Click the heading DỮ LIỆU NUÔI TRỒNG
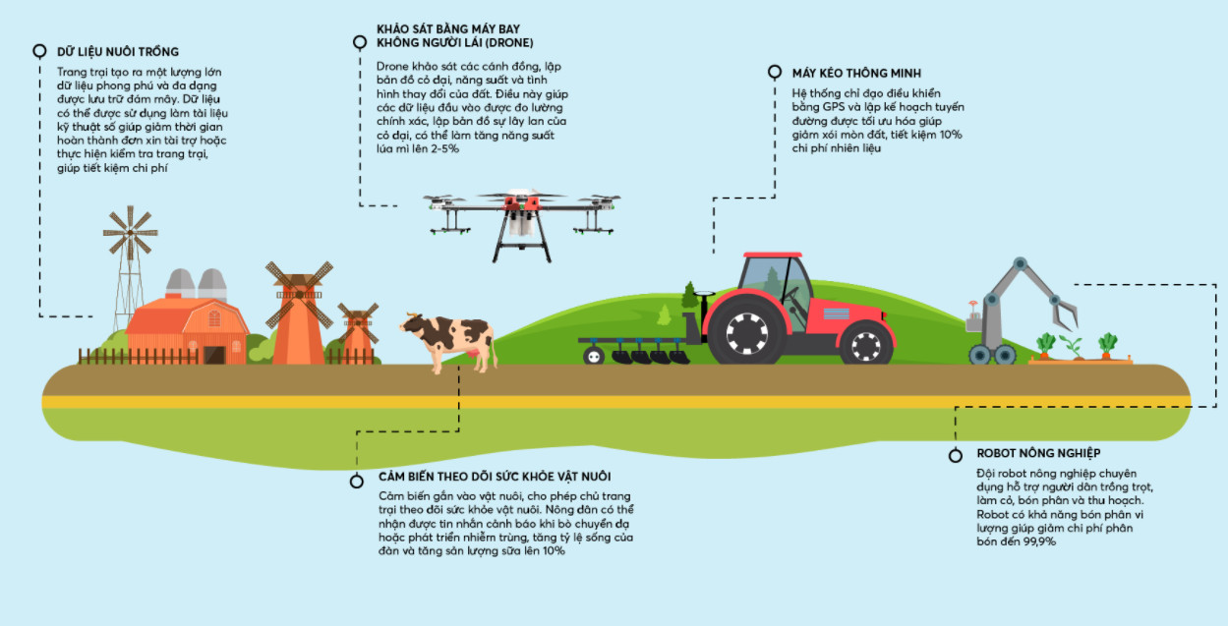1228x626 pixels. pos(118,51)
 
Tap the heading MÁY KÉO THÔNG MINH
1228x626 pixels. pos(856,73)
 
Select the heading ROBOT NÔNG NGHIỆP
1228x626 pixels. pos(1038,453)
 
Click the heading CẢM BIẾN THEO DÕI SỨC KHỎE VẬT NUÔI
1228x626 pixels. pos(495,477)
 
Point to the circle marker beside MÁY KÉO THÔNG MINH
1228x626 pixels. pos(775,72)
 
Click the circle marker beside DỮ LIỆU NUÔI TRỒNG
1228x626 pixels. pos(39,51)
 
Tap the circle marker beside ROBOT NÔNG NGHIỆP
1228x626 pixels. pos(956,456)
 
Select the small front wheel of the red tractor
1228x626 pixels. pos(866,344)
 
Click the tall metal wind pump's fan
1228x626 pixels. pos(130,233)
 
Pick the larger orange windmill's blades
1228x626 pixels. pos(299,295)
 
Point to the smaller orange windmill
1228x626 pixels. pos(358,334)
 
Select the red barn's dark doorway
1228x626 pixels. pos(214,355)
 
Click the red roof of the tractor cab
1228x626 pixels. pos(773,255)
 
